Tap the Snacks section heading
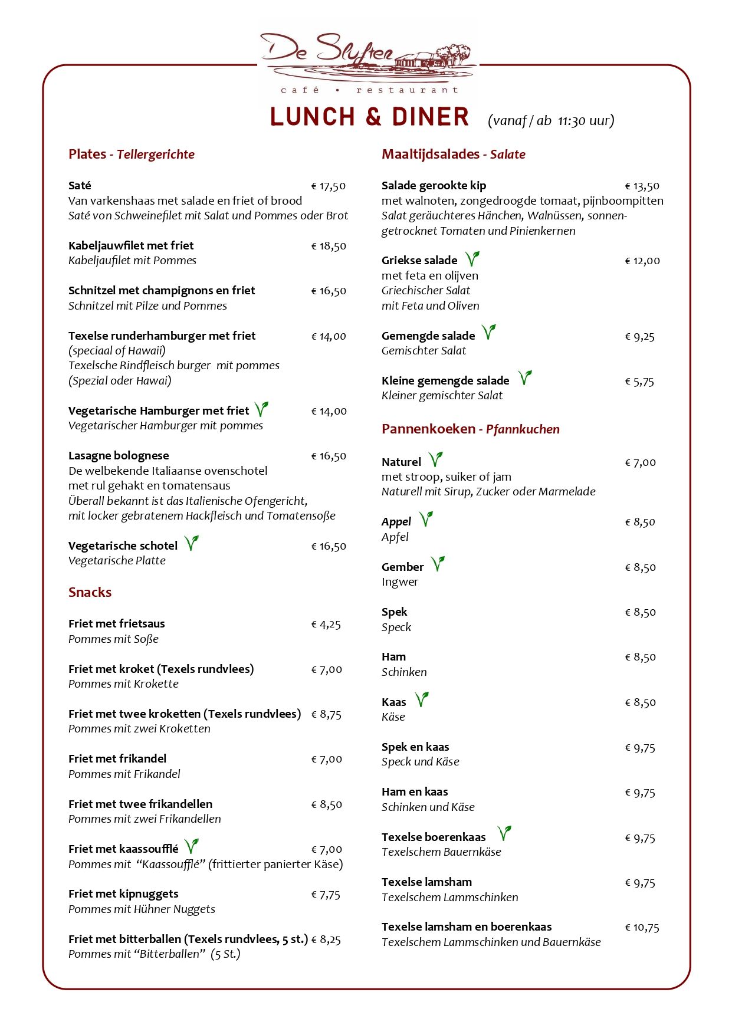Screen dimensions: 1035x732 [90, 592]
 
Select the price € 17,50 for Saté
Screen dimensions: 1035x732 [328, 186]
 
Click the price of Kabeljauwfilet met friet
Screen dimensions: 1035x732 [328, 247]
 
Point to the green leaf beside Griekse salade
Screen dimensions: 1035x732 [472, 258]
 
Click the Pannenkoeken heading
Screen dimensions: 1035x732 [428, 429]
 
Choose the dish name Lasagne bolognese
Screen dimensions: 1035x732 [119, 455]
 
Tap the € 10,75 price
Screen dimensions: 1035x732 [642, 928]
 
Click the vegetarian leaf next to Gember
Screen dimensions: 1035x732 [437, 564]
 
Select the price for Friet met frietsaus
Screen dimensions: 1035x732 [326, 625]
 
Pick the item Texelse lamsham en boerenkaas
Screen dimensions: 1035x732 [467, 926]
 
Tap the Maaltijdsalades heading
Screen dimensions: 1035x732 [430, 154]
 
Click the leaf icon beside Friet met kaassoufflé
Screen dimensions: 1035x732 [191, 846]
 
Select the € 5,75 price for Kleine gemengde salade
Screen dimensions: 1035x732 [639, 382]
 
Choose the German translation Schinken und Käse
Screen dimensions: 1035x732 [428, 807]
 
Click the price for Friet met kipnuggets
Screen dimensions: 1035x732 [326, 895]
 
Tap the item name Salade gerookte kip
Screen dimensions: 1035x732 [434, 186]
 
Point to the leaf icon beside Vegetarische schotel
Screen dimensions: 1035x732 [191, 543]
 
